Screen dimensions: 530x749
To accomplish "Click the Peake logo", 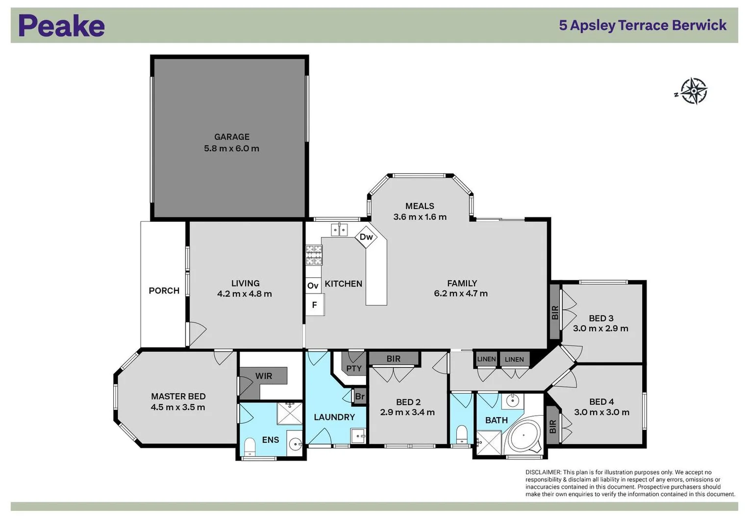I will tap(62, 26).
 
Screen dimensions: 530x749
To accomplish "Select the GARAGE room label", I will tap(231, 137).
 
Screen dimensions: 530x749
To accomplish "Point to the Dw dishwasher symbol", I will tap(366, 237).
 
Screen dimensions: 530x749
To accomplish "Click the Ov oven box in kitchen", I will tap(313, 286).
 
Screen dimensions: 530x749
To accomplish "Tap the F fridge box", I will tap(314, 305).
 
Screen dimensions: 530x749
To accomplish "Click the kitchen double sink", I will tap(339, 230).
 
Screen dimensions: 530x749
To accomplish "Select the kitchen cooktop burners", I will tap(314, 255).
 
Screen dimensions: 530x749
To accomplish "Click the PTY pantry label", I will tap(354, 368).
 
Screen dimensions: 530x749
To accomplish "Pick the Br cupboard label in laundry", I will tap(360, 397).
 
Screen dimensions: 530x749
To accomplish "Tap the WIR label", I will tap(264, 376).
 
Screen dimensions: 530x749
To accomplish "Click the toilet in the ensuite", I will tap(250, 446).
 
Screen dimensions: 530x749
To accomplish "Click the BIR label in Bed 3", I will tap(555, 312).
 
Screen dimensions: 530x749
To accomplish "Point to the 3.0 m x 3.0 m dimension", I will tap(601, 412).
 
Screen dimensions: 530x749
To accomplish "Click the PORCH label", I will tap(164, 291).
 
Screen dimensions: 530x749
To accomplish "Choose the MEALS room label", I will tap(420, 206).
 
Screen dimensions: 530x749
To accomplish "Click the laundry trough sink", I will tap(358, 435).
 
